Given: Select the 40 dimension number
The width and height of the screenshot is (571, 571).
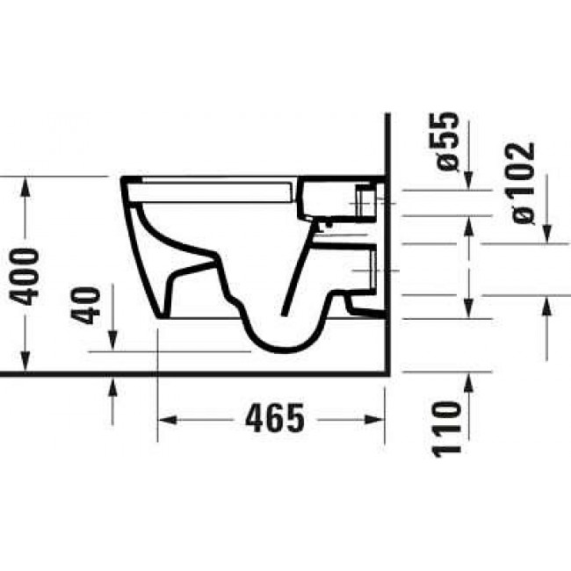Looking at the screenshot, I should tap(89, 305).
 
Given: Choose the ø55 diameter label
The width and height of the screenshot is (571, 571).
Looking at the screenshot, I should tap(446, 140).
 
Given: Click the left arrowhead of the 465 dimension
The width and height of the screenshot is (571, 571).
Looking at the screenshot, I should tap(163, 420).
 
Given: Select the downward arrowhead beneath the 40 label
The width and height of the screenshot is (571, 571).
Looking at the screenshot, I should tap(113, 345).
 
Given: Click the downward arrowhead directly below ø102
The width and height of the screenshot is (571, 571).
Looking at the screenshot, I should tap(546, 233).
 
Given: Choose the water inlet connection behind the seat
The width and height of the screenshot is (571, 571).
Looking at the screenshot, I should tap(365, 202).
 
